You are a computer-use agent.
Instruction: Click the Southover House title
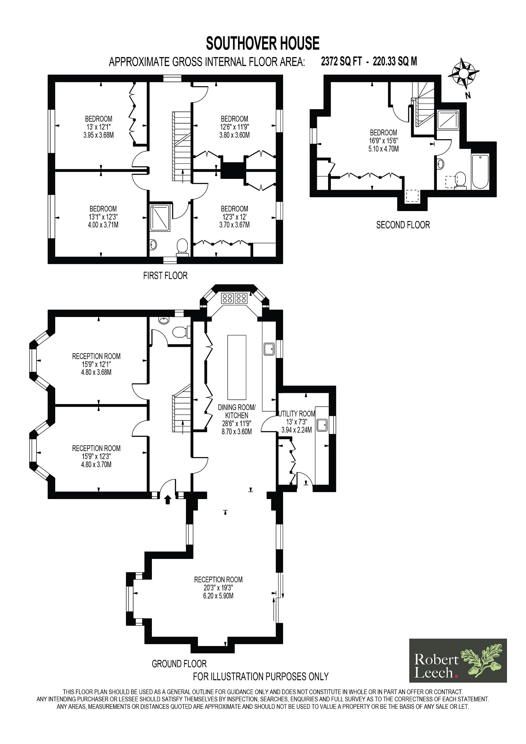pos(262,43)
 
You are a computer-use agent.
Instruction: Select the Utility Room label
pos(297,414)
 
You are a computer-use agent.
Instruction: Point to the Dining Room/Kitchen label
pos(237,411)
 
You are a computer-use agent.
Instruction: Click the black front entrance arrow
pos(168,500)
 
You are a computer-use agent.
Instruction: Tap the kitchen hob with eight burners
pos(234,298)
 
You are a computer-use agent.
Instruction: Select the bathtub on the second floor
pos(480,171)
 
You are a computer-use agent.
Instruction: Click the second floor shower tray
pos(448,119)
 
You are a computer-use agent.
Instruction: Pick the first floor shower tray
pos(160,218)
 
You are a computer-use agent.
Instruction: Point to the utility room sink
pos(322,425)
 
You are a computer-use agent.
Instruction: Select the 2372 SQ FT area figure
pos(341,61)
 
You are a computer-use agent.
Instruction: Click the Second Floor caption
pos(403,225)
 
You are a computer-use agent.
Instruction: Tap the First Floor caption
pos(165,276)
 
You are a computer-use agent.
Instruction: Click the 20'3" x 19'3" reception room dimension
pos(218,588)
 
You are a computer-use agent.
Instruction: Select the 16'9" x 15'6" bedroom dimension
pos(383,141)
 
